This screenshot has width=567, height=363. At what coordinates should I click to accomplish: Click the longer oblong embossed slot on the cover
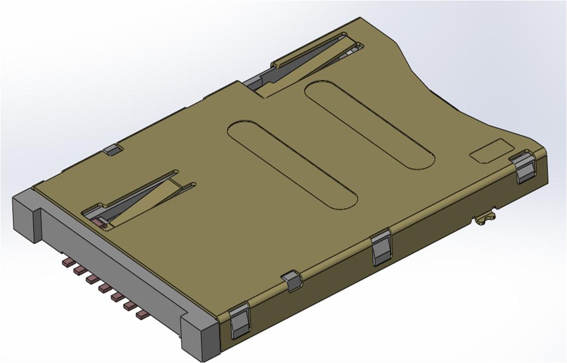tap(292, 165)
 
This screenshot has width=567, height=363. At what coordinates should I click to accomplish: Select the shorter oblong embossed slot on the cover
tap(370, 125)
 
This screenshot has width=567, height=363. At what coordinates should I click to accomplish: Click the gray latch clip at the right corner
tap(525, 167)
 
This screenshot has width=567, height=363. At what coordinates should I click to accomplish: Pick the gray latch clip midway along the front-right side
tap(381, 248)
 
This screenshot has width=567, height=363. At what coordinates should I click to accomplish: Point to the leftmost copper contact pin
tap(68, 263)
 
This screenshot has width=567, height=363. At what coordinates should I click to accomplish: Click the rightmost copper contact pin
tap(142, 314)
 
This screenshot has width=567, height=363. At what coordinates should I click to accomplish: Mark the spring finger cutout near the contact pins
tap(137, 200)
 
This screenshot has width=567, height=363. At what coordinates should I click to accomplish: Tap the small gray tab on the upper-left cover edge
tap(112, 149)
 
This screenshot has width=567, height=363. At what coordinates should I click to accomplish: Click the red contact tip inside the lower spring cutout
tap(99, 222)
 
